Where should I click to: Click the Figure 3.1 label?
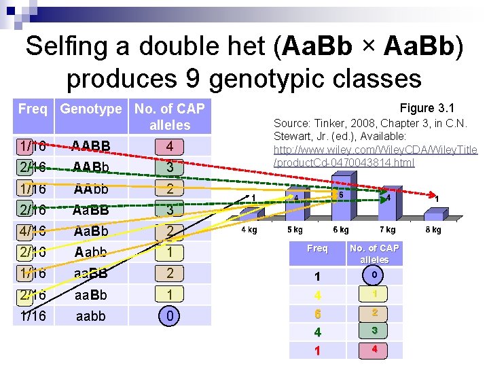(x=427, y=108)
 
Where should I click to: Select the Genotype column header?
(x=91, y=109)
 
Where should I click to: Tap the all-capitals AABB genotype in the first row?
(x=91, y=146)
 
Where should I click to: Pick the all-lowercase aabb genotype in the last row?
(x=91, y=316)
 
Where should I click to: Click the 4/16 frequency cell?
(x=33, y=231)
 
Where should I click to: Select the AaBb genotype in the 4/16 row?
(x=91, y=231)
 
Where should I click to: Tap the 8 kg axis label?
(x=433, y=230)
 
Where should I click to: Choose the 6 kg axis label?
(x=340, y=230)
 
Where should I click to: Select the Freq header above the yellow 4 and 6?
(x=317, y=249)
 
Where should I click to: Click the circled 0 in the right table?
(x=374, y=275)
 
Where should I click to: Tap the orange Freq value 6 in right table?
(x=317, y=314)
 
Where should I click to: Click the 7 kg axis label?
(x=386, y=230)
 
